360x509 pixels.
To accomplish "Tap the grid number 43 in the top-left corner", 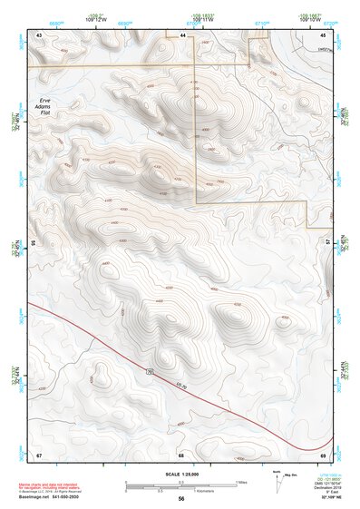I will (39, 34).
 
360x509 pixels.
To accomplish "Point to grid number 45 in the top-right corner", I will (323, 34).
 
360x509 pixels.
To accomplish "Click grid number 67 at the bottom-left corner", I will (39, 454).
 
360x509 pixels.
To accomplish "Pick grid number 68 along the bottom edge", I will (181, 454).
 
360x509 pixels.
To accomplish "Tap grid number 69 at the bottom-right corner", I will (323, 454).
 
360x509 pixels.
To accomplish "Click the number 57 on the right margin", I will (329, 243).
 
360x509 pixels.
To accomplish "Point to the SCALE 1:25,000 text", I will (180, 474).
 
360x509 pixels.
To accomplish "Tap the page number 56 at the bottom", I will (181, 499).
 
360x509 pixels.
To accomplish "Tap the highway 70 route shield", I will (147, 372).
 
